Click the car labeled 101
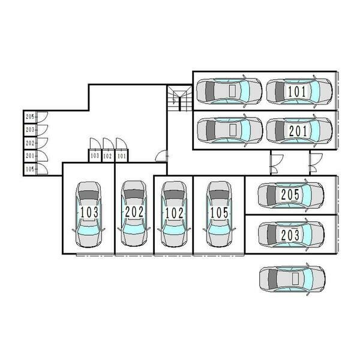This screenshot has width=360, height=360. [x=299, y=91]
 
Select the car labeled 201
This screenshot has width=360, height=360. [x=299, y=131]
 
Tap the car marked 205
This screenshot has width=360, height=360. [x=291, y=194]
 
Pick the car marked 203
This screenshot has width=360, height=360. [x=291, y=234]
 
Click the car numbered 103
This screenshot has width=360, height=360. [x=89, y=214]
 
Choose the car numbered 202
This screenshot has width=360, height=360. [x=134, y=214]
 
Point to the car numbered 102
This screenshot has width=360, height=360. [x=174, y=214]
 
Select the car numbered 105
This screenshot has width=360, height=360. [x=219, y=214]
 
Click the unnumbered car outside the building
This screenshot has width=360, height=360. [x=292, y=279]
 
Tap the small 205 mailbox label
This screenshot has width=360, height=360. [x=30, y=117]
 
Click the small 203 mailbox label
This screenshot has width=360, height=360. [x=30, y=130]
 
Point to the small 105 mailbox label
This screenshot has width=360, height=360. [x=30, y=169]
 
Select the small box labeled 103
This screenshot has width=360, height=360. [x=95, y=156]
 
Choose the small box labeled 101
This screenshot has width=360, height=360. [x=122, y=156]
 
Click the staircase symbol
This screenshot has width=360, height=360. [x=179, y=98]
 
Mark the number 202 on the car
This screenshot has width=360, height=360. [x=134, y=212]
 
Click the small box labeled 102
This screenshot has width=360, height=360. [x=107, y=156]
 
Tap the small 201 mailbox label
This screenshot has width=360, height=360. [x=30, y=156]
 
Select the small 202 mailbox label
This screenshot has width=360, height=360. [x=30, y=143]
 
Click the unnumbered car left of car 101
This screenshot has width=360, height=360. [x=229, y=91]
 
